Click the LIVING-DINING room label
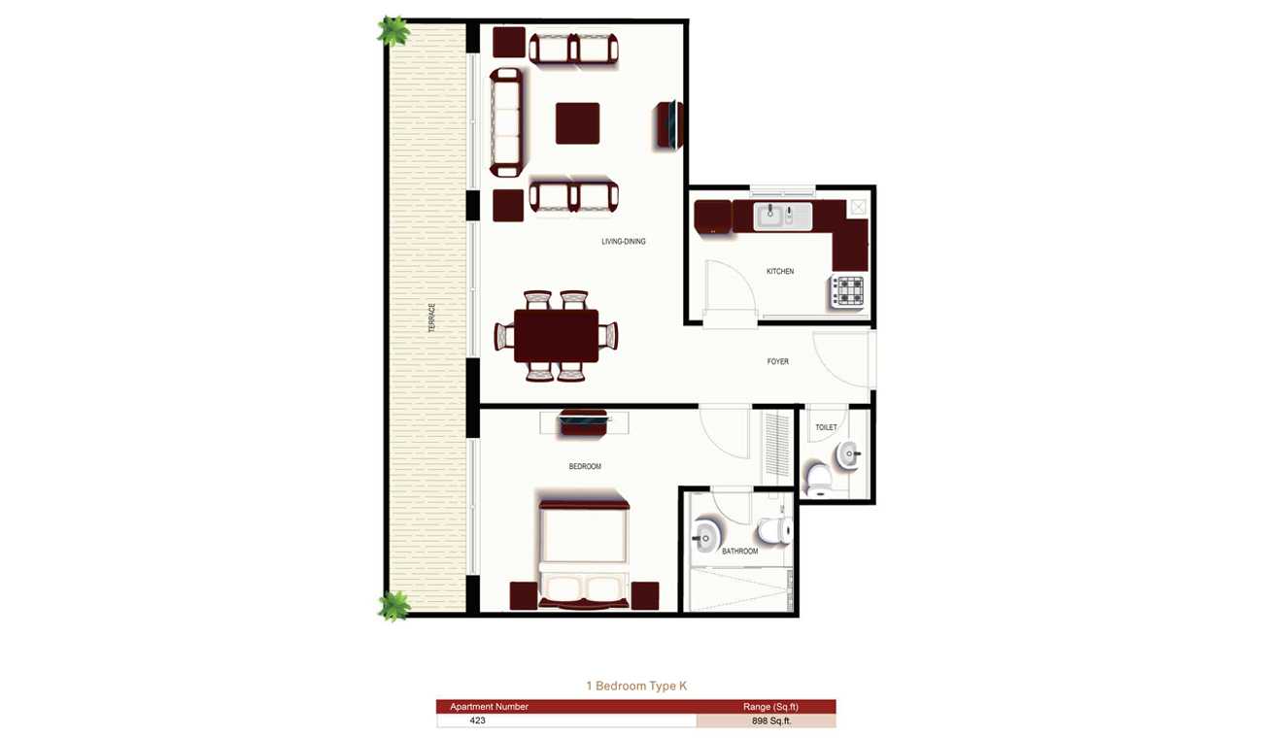coord(623,242)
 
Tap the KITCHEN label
coord(780,272)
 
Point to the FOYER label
coord(777,361)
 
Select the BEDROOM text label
coord(585,466)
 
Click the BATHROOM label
coord(739,551)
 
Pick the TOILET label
coord(826,427)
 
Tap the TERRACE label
coord(432,318)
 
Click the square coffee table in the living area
coord(577,123)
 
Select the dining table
coord(556,336)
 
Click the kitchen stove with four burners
coord(848,292)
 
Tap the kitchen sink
coord(783,217)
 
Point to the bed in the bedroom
coord(584,553)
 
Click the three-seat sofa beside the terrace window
coord(506,122)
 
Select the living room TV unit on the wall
coord(670,125)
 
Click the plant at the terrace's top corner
coord(393,30)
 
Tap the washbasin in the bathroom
coord(704,536)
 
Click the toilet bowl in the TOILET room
coord(818,480)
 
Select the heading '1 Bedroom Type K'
coord(636,686)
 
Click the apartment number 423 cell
coord(477,721)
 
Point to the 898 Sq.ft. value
coord(771,721)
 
